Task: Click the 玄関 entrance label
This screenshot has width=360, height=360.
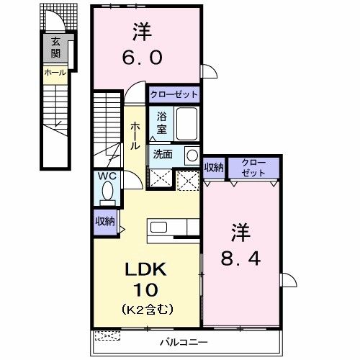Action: click(x=55, y=48)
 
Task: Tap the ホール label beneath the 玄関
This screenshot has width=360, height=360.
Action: click(x=55, y=73)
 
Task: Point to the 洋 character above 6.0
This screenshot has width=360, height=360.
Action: click(x=142, y=31)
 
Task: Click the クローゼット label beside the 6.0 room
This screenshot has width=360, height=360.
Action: click(x=174, y=95)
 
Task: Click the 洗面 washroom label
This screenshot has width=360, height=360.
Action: click(x=163, y=154)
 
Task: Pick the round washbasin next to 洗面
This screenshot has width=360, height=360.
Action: click(x=191, y=156)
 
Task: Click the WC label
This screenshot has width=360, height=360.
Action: click(x=106, y=176)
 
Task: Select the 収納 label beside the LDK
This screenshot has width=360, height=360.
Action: click(x=105, y=222)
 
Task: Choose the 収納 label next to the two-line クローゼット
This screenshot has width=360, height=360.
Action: click(x=214, y=167)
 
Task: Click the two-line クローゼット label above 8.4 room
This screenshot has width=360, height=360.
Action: click(x=253, y=168)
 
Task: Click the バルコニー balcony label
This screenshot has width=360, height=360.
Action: click(x=186, y=342)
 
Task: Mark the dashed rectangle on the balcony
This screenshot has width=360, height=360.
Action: click(x=108, y=336)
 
